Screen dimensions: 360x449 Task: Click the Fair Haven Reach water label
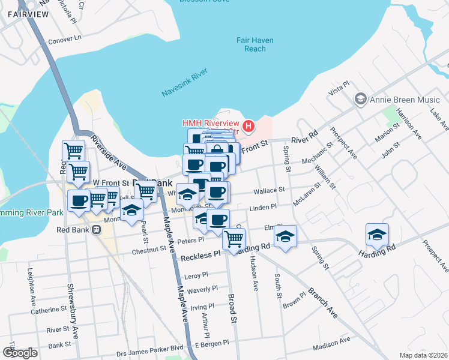(255, 44)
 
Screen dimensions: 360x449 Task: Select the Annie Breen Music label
(399, 98)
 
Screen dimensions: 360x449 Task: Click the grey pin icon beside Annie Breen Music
(360, 98)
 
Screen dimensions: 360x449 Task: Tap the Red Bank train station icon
(95, 230)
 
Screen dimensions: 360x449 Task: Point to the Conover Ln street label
(64, 38)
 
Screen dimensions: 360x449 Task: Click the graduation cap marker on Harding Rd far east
(377, 235)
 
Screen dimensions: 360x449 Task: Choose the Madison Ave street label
(331, 343)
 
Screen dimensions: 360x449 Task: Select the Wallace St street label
(268, 190)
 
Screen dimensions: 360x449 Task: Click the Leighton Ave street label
(29, 284)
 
